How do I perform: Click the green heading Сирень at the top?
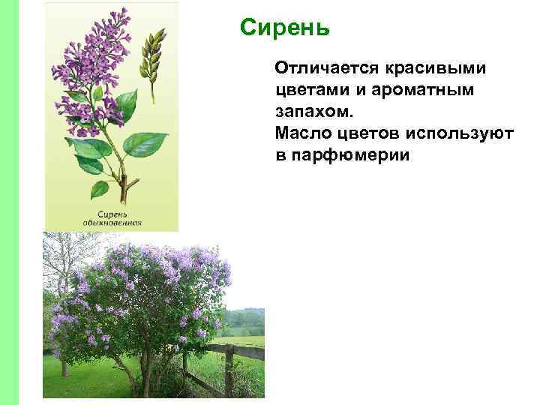(284, 29)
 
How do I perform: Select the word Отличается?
(328, 69)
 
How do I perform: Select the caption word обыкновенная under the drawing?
(118, 223)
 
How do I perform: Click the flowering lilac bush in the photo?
(142, 300)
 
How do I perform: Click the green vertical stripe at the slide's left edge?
(20, 202)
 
